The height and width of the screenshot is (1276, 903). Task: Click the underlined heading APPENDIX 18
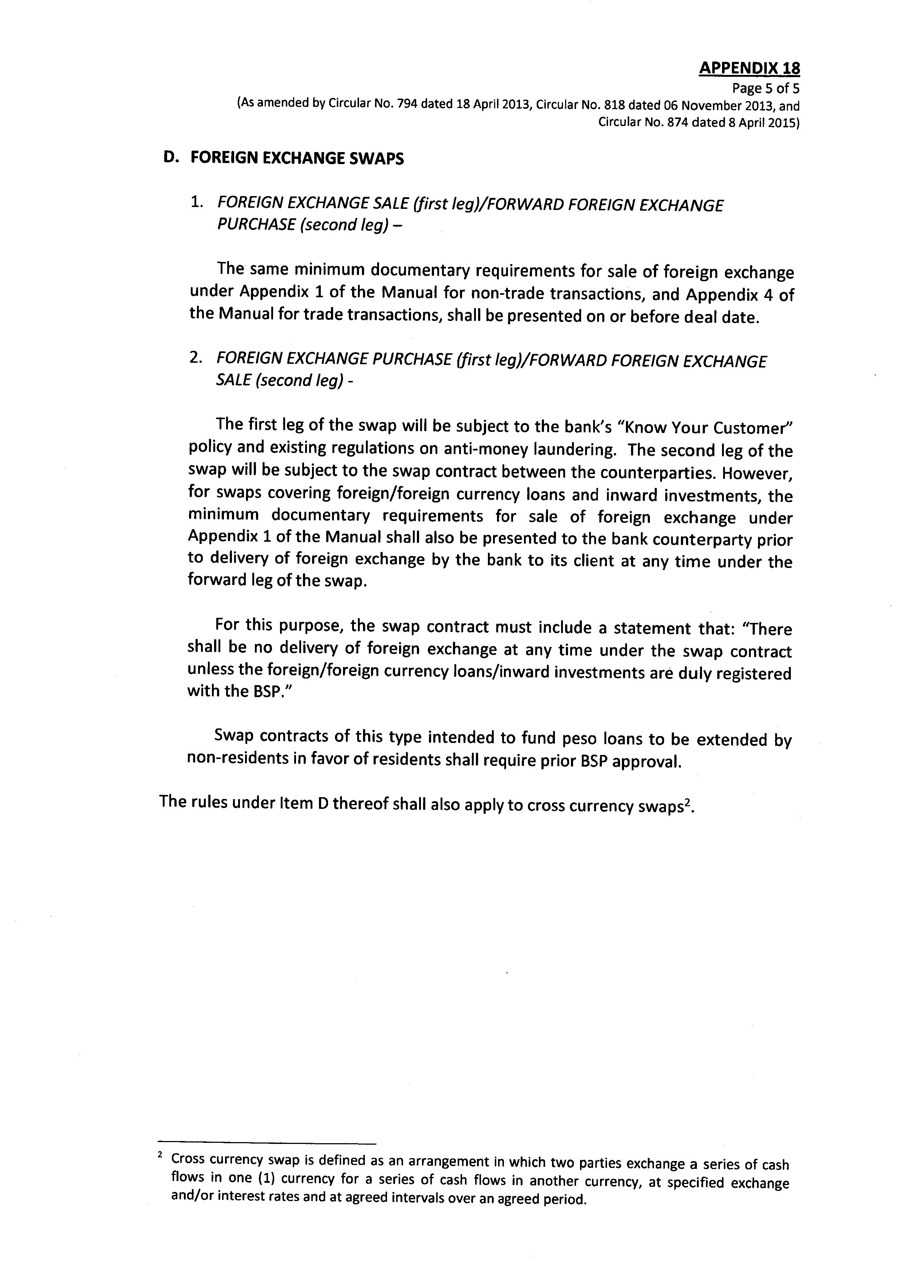coord(749,68)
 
